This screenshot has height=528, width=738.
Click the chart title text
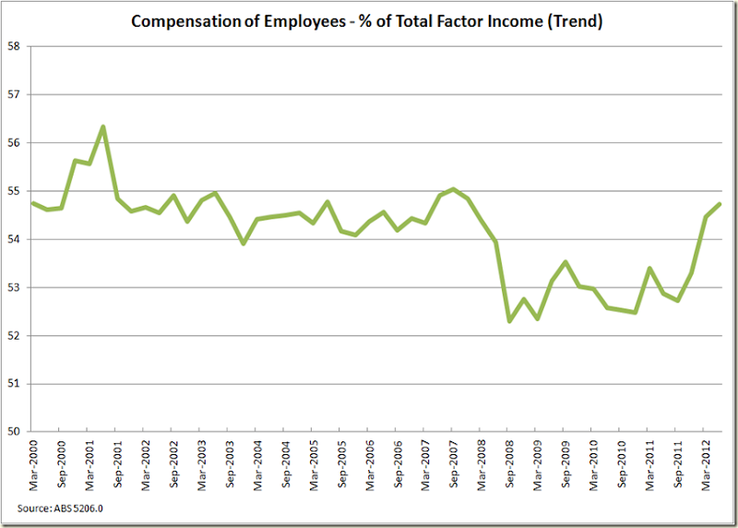click(x=366, y=21)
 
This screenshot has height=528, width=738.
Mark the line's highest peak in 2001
click(x=102, y=126)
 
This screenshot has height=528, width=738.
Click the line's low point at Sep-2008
click(x=509, y=320)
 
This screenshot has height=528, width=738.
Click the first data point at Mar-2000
click(x=32, y=203)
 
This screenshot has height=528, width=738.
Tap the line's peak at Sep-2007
click(x=453, y=189)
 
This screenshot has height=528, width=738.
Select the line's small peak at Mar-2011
click(x=649, y=269)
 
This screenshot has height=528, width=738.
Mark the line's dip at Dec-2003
click(x=243, y=244)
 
